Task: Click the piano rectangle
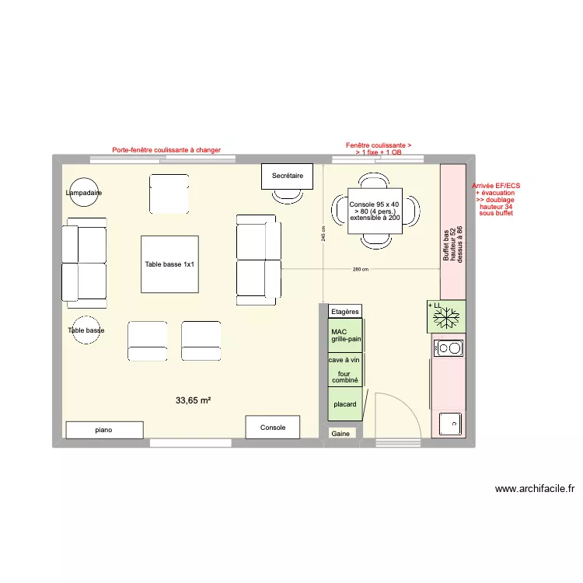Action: (104, 430)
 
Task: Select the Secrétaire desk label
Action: (287, 176)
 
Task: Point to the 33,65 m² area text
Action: (194, 401)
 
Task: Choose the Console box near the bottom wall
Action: (273, 428)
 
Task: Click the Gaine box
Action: (340, 434)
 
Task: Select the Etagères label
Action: (345, 312)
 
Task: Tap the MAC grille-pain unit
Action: (345, 335)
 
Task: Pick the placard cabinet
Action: (345, 404)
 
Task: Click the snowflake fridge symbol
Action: (446, 317)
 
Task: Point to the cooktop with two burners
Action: (449, 348)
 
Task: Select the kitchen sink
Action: (449, 424)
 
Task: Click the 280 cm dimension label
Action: (360, 270)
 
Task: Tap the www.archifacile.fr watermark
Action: (535, 489)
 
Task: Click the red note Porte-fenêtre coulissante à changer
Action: (166, 150)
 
